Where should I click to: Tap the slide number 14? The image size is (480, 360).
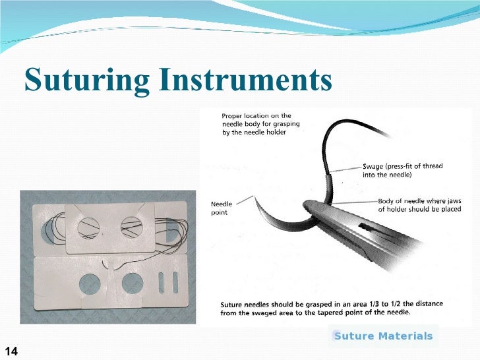click(11, 349)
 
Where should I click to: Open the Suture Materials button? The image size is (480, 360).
click(383, 336)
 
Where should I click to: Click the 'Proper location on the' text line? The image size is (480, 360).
click(256, 116)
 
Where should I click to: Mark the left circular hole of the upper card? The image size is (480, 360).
click(88, 228)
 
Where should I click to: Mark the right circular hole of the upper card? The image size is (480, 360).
click(131, 227)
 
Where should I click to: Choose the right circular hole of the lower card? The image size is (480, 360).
click(133, 283)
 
